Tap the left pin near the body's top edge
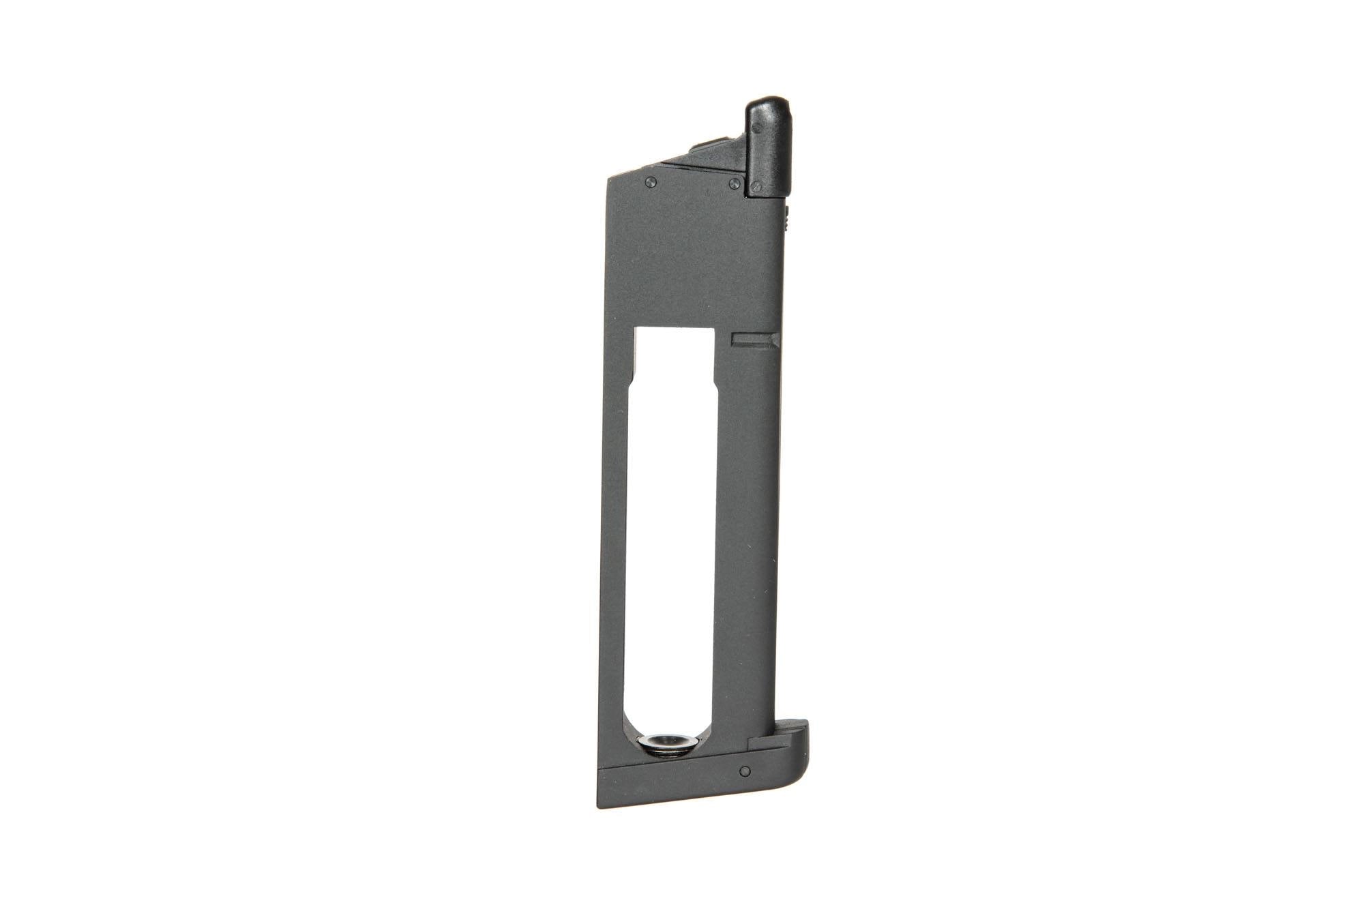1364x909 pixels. (x=651, y=181)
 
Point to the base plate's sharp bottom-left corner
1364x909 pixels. (x=600, y=806)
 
